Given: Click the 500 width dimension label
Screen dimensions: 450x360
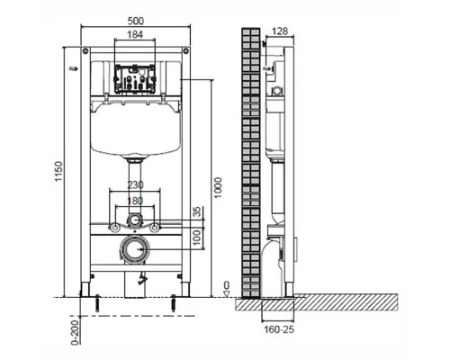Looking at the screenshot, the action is (136, 21).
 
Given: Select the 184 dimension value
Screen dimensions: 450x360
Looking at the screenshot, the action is (135, 34).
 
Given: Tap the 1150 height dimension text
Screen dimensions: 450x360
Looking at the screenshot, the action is (58, 171).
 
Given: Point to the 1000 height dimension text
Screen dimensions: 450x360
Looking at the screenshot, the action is (218, 188).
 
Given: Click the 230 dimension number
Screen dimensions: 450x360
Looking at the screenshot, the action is (135, 185).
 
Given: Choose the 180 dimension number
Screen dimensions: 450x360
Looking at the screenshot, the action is (135, 201).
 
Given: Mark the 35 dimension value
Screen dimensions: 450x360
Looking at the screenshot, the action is (196, 212).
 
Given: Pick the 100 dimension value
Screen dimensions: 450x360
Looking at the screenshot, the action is (196, 238).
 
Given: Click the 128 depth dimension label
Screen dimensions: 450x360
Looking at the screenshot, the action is (280, 31).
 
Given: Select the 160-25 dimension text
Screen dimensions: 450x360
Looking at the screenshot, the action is (279, 329).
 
